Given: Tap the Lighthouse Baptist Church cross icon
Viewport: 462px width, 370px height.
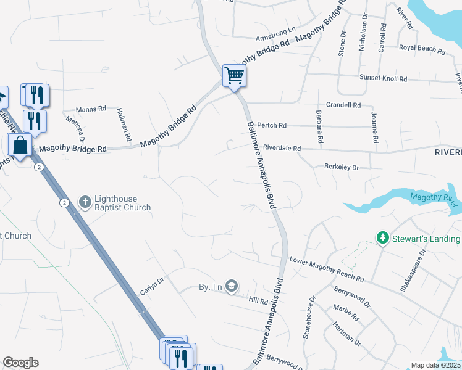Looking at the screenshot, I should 85,201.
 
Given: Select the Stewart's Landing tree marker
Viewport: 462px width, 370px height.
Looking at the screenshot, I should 383,238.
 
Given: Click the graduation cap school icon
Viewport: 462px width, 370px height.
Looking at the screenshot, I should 232,286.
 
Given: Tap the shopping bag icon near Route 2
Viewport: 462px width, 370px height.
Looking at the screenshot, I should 20,146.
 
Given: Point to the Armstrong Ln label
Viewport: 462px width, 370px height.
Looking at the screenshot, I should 276,28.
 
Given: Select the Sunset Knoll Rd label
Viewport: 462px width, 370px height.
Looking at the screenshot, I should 384,78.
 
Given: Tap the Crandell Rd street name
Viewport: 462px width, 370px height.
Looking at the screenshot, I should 343,105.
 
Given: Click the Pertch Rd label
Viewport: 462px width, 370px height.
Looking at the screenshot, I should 272,125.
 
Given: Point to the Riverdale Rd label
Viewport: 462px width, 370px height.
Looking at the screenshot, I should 282,148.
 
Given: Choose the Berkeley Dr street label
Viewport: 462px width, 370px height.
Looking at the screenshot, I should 342,166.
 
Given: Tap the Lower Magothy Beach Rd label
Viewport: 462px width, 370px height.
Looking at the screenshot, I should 326,269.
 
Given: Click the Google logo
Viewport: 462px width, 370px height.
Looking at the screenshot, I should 20,363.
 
